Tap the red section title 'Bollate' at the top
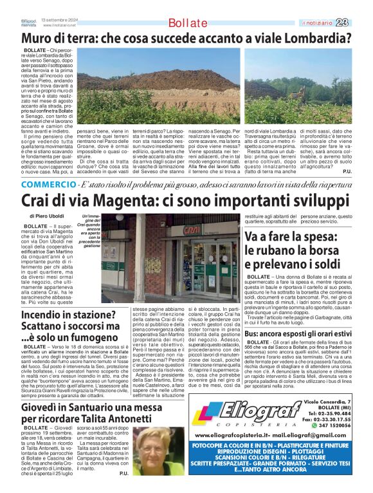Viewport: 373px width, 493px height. [x=186, y=24]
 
